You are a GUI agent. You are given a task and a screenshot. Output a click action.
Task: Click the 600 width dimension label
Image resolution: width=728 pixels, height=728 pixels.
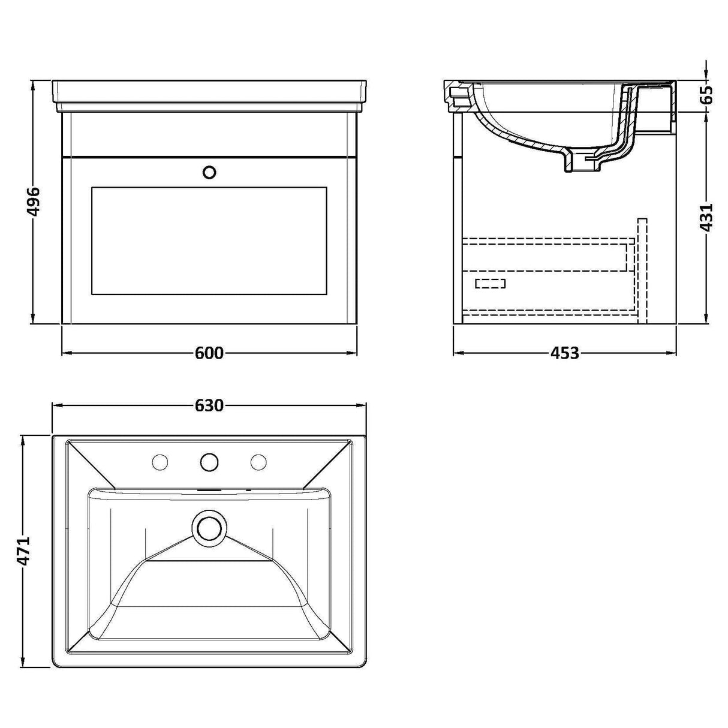209,353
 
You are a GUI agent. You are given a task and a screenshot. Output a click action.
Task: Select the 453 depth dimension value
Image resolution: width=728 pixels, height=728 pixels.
564,353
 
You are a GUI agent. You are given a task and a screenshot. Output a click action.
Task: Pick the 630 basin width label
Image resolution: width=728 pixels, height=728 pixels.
209,406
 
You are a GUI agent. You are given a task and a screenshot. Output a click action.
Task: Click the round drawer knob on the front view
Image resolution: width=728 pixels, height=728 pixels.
209,173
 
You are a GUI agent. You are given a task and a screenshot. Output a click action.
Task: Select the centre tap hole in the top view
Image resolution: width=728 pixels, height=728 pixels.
209,462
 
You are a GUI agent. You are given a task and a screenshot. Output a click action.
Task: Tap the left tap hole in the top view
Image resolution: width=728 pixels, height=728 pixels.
160,462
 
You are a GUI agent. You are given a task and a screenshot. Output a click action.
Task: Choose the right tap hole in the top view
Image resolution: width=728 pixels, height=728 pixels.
258,462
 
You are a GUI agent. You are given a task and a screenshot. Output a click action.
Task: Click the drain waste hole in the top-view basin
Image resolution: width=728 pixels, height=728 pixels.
209,528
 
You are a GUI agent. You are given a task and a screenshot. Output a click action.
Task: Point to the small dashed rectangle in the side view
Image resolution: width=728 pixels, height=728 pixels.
490,284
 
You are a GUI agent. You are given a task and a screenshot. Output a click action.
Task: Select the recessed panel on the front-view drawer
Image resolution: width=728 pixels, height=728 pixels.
209,240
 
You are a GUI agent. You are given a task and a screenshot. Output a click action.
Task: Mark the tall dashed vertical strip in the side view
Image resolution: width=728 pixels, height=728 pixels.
642,270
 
